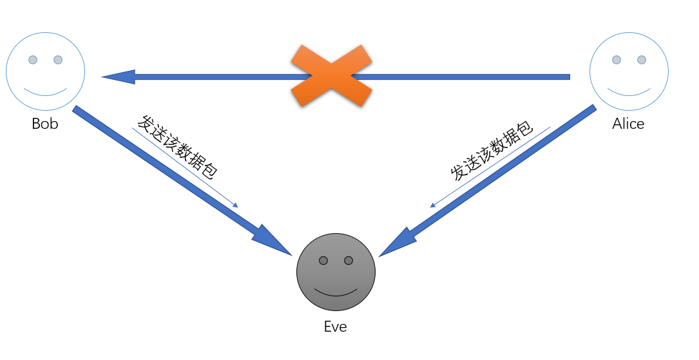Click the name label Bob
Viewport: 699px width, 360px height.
point(45,124)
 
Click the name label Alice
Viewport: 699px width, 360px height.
point(628,124)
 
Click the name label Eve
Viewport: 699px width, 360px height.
point(335,327)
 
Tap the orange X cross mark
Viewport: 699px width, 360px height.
point(330,76)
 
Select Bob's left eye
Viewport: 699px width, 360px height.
point(33,60)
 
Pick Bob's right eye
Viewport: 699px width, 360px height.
point(58,60)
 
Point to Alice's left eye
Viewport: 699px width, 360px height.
point(617,60)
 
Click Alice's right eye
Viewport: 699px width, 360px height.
point(642,60)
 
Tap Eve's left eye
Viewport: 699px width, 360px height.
point(323,260)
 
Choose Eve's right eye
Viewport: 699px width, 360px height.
point(349,260)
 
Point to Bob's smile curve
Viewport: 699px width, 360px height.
point(46,92)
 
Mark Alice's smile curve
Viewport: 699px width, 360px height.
point(629,92)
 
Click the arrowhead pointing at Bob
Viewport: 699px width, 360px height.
point(119,77)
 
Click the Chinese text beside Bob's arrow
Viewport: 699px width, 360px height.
point(177,147)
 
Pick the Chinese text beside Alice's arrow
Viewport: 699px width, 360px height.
point(492,151)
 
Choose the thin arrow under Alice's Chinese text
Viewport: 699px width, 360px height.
point(490,167)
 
